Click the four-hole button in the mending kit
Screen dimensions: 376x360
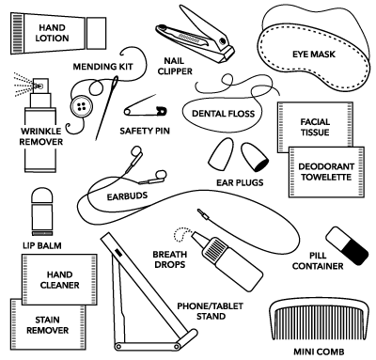tap(82, 106)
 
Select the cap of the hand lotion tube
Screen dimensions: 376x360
tap(96, 33)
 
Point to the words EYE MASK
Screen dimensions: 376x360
tap(314, 55)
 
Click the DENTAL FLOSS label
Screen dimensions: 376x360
tap(223, 114)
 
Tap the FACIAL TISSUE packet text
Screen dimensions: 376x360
tap(315, 127)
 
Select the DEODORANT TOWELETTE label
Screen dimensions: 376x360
tap(326, 172)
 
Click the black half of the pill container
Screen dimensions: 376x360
tap(356, 251)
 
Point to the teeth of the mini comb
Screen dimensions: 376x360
tap(318, 323)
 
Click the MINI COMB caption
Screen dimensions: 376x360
tap(319, 352)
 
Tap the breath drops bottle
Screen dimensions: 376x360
tap(228, 260)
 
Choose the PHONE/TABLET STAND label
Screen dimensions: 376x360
tap(211, 311)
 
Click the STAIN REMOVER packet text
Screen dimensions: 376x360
tap(47, 325)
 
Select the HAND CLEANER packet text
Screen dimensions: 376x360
tap(59, 280)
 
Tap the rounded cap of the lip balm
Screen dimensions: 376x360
tap(42, 196)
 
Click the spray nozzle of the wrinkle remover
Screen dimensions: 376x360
tap(40, 85)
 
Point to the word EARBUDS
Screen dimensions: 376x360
tap(127, 196)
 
